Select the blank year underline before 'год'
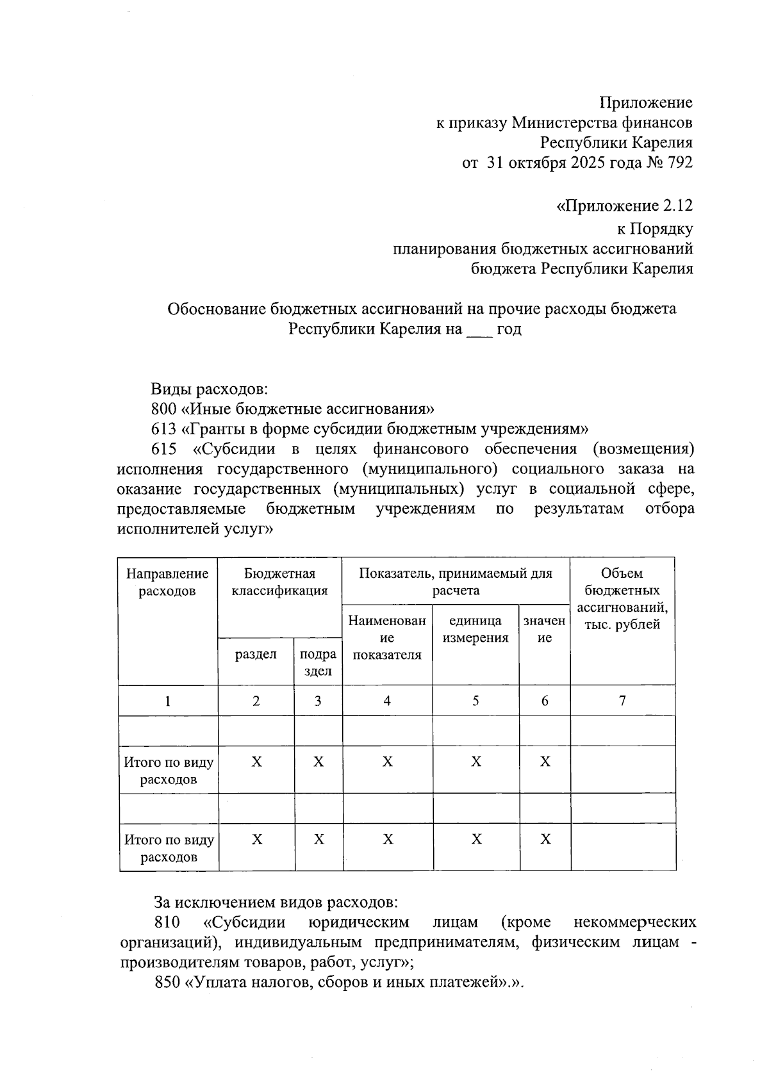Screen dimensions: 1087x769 479,331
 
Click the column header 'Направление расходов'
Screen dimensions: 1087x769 167,582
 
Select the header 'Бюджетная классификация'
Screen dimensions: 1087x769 279,582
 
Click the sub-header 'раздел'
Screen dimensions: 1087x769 256,654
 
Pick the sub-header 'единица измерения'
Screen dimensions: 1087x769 475,629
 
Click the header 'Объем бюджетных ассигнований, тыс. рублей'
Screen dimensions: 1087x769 622,599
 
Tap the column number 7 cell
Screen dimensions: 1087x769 622,700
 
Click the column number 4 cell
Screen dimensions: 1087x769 387,700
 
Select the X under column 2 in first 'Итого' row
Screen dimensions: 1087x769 256,762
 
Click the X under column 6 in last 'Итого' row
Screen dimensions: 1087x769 545,839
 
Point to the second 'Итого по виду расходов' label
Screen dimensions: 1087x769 169,848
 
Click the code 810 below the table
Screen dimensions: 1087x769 167,922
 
